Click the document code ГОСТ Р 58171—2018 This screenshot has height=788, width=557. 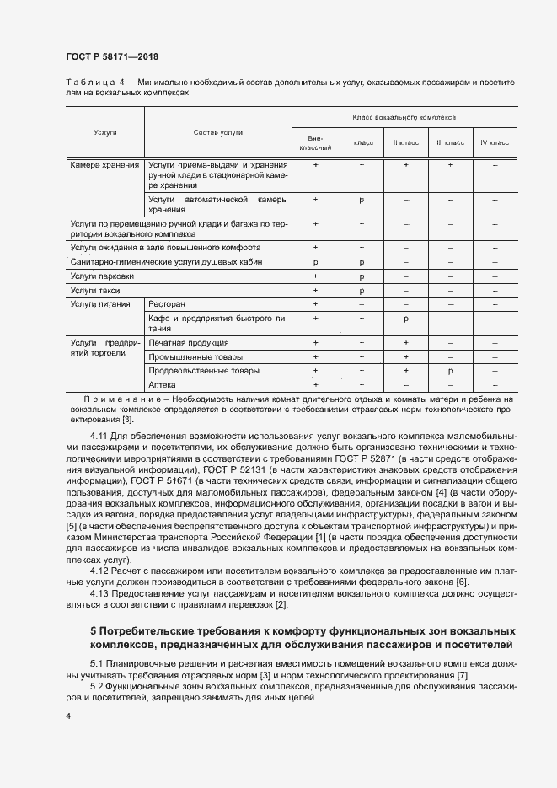(112, 56)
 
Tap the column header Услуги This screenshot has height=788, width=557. (105, 133)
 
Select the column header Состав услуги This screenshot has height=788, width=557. (217, 133)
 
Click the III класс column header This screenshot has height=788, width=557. (450, 142)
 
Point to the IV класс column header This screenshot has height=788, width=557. (495, 142)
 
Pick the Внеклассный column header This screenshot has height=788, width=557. (315, 142)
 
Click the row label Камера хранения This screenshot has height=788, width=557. (105, 165)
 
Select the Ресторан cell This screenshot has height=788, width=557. (167, 303)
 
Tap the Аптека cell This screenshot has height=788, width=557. (163, 383)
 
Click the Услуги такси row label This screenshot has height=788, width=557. (95, 290)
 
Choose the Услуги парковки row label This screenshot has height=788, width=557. (102, 276)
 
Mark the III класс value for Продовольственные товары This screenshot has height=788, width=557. (450, 370)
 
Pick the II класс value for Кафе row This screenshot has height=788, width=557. (405, 319)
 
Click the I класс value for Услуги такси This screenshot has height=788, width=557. (361, 290)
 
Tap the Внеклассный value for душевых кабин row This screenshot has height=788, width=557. (315, 262)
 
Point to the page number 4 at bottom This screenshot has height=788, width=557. (68, 716)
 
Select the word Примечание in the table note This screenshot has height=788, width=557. (114, 398)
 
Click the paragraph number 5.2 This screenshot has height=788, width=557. (98, 687)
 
